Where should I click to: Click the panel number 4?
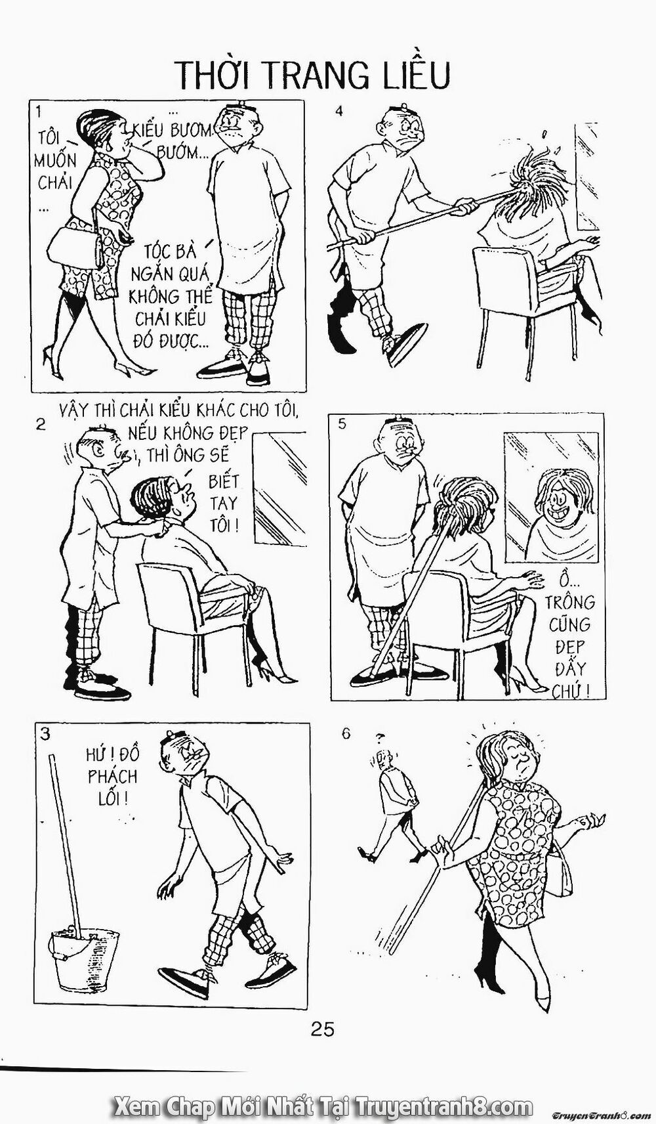coord(339,111)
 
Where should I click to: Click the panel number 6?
coord(346,734)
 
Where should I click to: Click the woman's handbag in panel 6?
coord(560,876)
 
